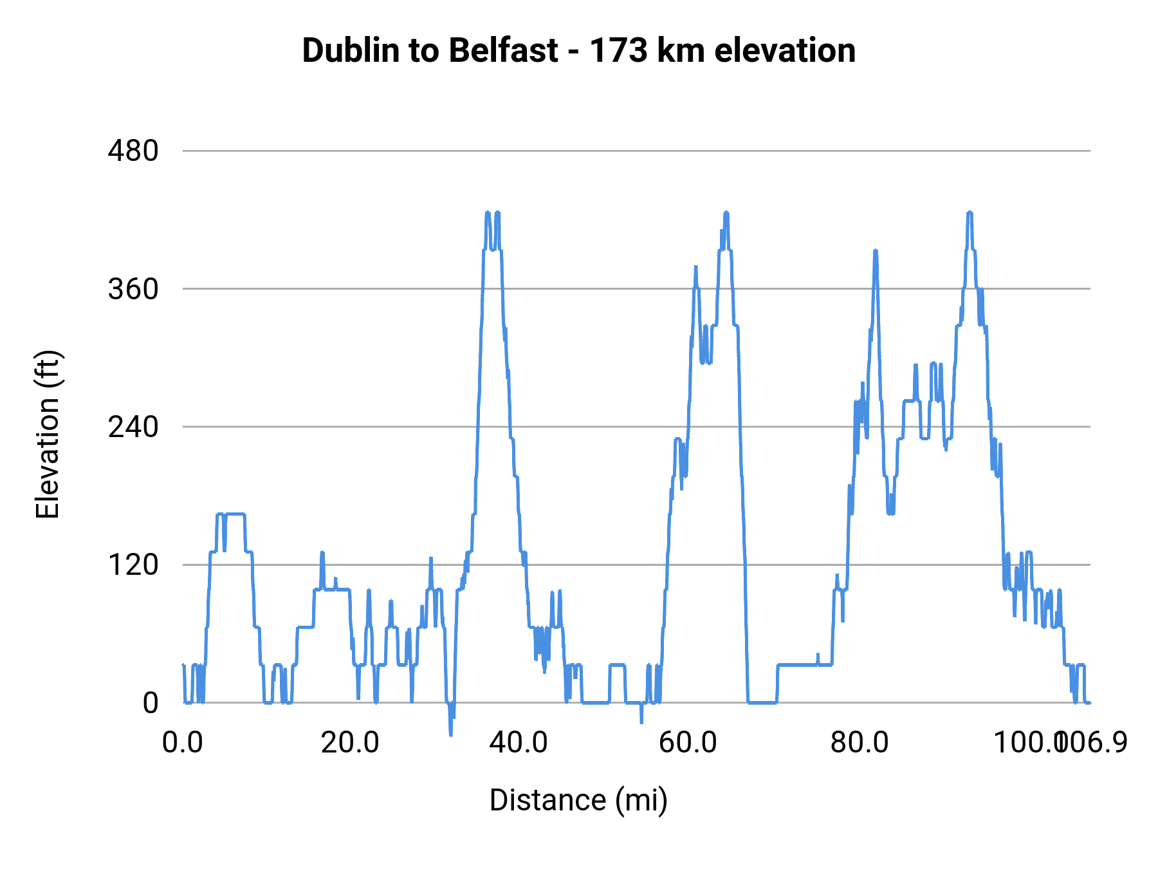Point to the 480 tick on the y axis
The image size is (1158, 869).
[x=133, y=151]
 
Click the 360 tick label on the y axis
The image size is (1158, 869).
[x=133, y=290]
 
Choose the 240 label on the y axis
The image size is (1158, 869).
[x=133, y=427]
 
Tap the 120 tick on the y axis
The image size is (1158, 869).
[x=133, y=565]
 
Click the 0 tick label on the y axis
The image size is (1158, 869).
[x=150, y=703]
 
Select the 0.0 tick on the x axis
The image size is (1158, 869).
[x=183, y=743]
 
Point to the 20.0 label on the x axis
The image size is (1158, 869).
[x=350, y=743]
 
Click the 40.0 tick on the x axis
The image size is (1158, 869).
[x=519, y=743]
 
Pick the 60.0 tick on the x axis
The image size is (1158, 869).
[x=688, y=743]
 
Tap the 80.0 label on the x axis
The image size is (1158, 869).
[x=859, y=743]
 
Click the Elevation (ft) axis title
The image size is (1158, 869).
[x=48, y=434]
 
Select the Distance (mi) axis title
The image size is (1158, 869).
[x=578, y=800]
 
